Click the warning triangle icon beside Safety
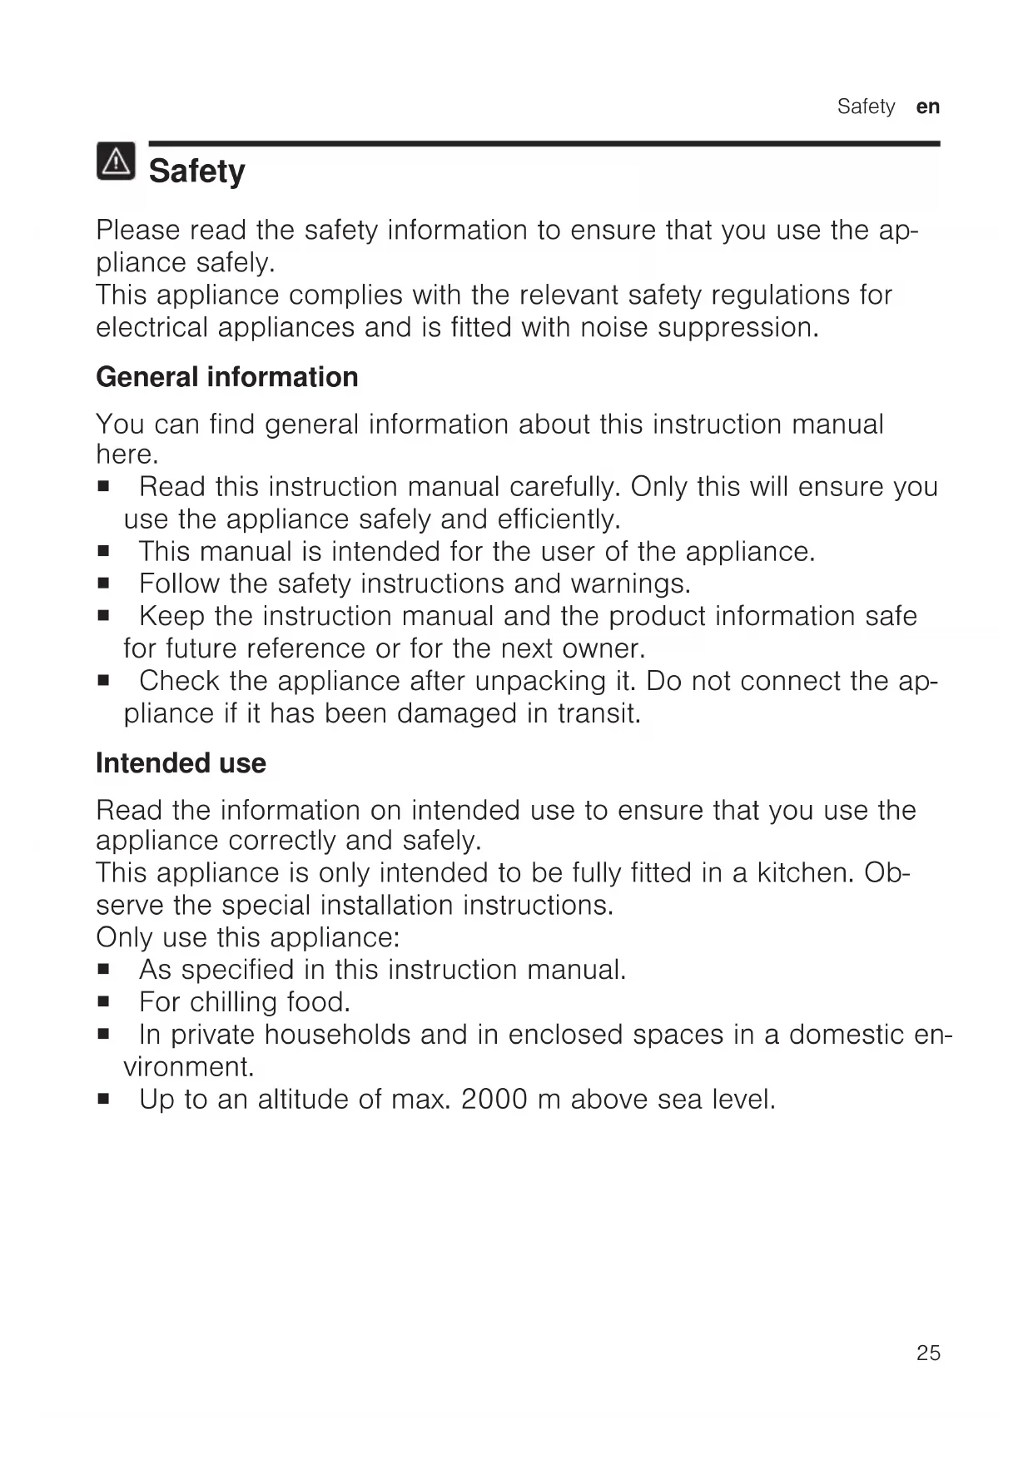tap(116, 161)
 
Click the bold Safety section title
tap(196, 171)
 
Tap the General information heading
tap(226, 377)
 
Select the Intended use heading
tap(181, 763)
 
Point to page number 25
tap(928, 1353)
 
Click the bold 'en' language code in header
tap(928, 107)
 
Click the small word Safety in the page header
tap(866, 107)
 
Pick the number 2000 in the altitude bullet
tap(494, 1100)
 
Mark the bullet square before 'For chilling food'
tap(103, 1002)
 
